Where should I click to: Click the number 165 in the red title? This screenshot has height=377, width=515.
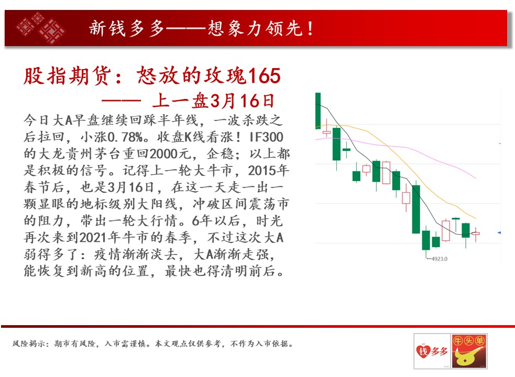tap(265, 75)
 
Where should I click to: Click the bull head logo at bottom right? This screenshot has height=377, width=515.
tap(469, 351)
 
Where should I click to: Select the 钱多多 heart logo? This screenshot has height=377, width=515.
tap(432, 351)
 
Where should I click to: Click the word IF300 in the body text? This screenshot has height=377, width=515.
tap(266, 137)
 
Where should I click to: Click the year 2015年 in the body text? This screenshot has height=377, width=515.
tap(269, 171)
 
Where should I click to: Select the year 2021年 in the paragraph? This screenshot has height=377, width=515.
tap(100, 237)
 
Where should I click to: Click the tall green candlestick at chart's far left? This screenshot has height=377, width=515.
tap(318, 110)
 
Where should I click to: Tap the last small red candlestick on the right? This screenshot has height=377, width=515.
tap(476, 234)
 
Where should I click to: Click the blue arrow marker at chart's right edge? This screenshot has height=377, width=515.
tap(499, 232)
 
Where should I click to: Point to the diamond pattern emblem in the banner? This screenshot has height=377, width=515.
tap(41, 28)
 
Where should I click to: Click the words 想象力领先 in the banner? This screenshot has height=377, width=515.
tap(255, 28)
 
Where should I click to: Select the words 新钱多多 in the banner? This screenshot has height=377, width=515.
tap(126, 28)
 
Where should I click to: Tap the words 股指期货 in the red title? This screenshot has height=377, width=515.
tap(67, 76)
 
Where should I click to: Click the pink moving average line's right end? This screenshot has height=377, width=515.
tap(476, 178)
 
